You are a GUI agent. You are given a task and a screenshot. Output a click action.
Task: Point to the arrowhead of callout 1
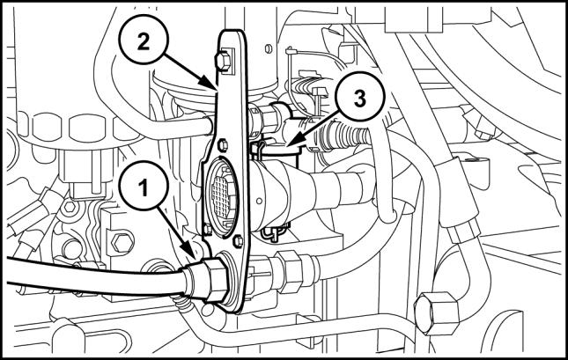tap(191, 261)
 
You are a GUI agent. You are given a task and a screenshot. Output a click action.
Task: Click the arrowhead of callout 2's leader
tap(217, 90)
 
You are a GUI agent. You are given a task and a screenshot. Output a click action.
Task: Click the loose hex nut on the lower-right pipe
tap(431, 310)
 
